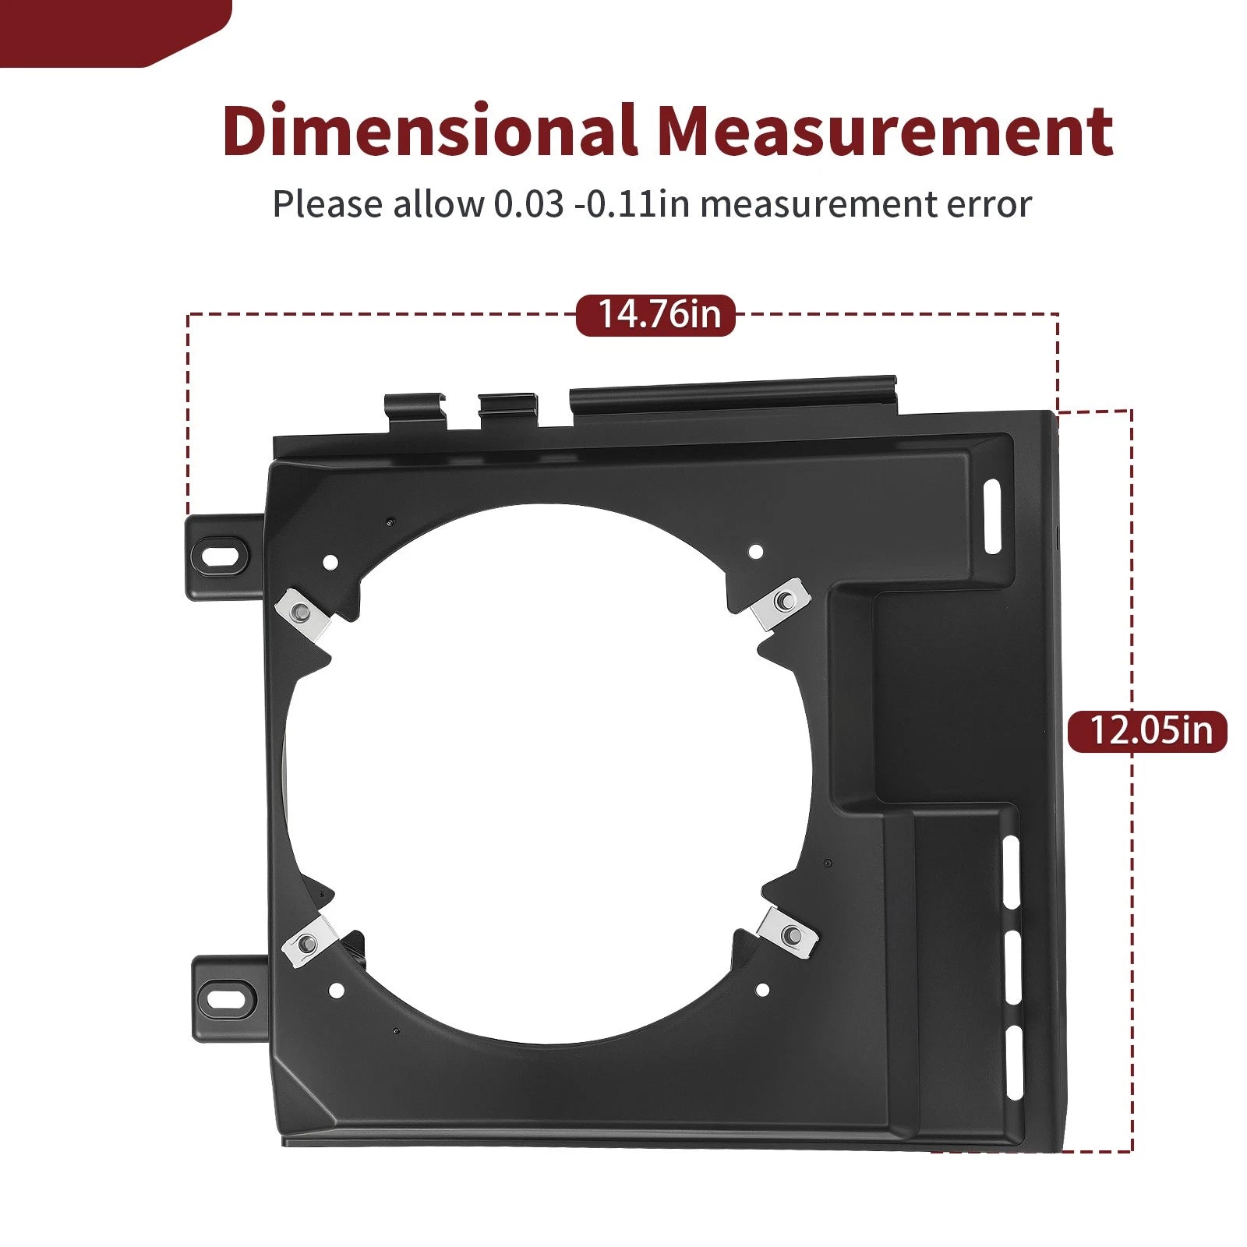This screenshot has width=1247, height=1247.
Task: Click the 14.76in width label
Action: tap(655, 315)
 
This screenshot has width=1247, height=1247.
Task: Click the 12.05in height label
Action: tap(1147, 731)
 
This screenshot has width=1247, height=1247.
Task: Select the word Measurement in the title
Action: tap(885, 131)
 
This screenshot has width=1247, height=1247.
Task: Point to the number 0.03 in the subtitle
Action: tap(528, 204)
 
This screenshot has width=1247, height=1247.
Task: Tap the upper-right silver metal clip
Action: tap(780, 603)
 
